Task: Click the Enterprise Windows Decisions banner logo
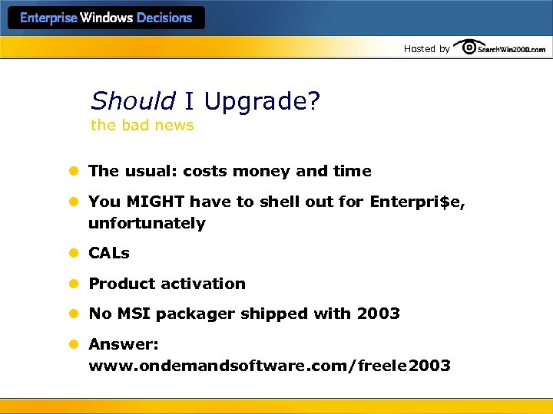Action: [106, 18]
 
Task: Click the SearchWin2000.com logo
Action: [500, 48]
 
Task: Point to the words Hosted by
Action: [426, 49]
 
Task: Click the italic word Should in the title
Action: [133, 101]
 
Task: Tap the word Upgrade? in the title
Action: [261, 101]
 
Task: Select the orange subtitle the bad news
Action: [142, 125]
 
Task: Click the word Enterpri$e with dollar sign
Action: [416, 202]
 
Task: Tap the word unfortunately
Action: [147, 223]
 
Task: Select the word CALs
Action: [109, 253]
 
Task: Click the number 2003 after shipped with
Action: [378, 314]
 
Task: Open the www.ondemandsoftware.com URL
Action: [270, 366]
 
